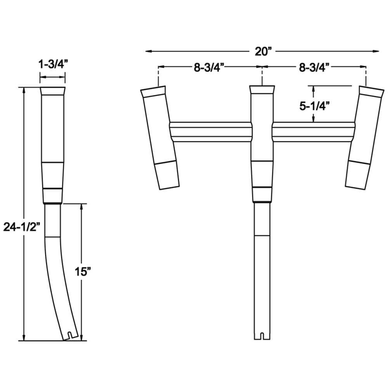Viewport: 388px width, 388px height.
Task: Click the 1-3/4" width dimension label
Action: tap(53, 64)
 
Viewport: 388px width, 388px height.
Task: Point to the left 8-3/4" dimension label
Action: tap(209, 68)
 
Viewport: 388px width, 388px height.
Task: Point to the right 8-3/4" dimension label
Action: tap(314, 68)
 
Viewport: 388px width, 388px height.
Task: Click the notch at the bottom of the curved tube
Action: tap(70, 334)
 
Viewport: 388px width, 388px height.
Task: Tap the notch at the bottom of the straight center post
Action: tap(262, 335)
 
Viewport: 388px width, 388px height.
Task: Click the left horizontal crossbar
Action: tap(211, 132)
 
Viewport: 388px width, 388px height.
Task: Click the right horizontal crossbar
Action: tap(314, 132)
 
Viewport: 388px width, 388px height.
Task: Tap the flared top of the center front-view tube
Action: tap(262, 90)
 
